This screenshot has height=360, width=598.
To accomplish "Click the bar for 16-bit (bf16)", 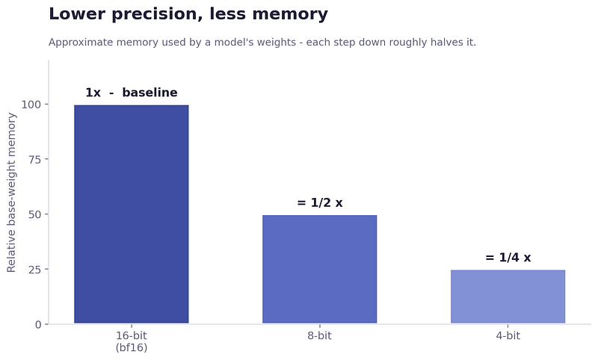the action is [x=132, y=214].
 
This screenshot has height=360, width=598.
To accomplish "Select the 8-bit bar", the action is [x=320, y=270].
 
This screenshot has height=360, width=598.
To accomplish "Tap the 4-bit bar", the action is [x=508, y=297].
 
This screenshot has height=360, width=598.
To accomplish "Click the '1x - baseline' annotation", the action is [x=132, y=93].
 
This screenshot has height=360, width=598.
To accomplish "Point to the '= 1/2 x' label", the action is [x=320, y=202].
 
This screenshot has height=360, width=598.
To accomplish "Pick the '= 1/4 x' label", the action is [x=508, y=258].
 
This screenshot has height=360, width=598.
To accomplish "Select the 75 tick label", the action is [x=34, y=159].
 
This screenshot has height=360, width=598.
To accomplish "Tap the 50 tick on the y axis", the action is [x=34, y=214].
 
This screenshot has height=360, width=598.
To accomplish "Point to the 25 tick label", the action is [x=34, y=270].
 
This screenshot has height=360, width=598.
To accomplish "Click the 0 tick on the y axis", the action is [x=38, y=325].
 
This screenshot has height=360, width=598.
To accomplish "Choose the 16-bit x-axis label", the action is [x=132, y=335].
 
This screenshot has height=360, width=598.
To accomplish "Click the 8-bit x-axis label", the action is [x=320, y=335].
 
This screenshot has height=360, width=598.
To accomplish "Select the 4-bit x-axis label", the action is [x=508, y=335].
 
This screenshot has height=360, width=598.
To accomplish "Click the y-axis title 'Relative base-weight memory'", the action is [x=11, y=193].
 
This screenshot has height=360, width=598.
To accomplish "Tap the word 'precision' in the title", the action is [x=157, y=14].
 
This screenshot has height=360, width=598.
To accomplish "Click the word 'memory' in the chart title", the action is [x=290, y=14].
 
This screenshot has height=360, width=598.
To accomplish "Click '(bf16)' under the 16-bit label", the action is [x=132, y=347].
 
